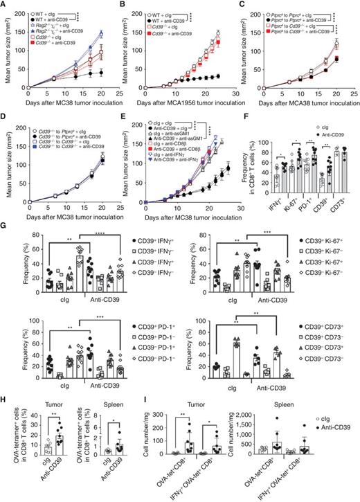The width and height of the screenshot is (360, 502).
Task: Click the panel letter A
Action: [x=4, y=5]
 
